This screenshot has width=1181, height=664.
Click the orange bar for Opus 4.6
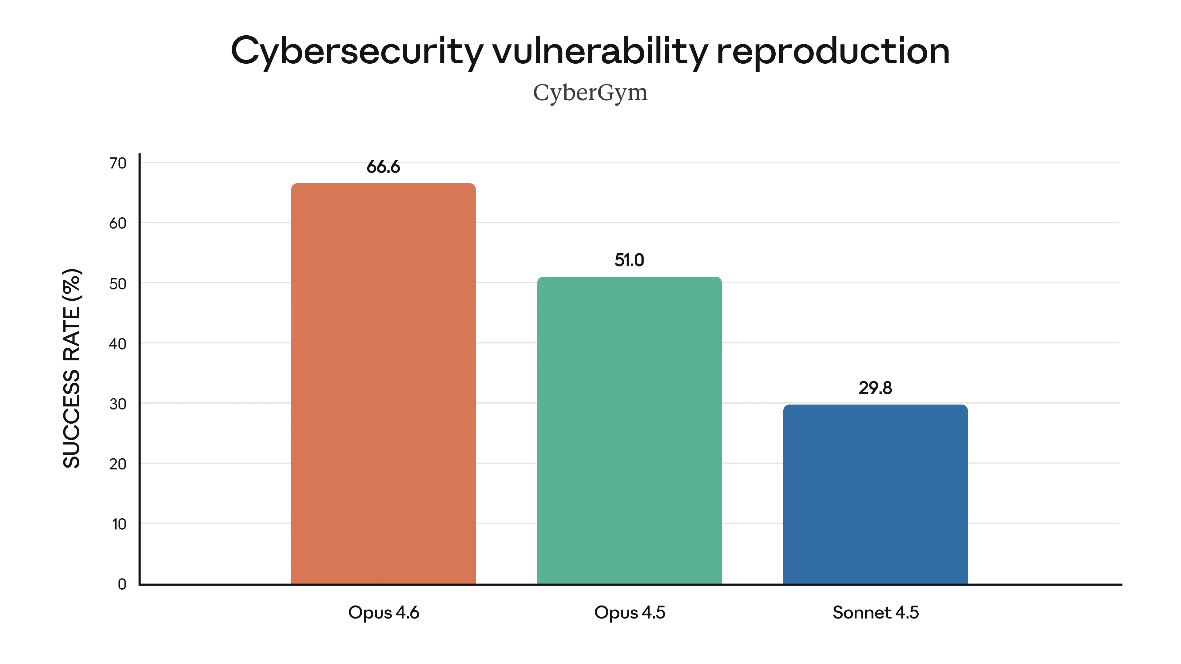pos(383,384)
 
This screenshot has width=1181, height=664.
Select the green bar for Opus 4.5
pos(629,431)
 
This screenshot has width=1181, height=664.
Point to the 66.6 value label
pos(383,167)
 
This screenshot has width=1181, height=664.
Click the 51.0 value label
pos(629,260)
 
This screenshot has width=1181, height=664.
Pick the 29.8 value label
pos(875,388)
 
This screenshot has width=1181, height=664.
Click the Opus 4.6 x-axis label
pos(383,613)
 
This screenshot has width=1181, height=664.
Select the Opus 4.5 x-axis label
pos(629,613)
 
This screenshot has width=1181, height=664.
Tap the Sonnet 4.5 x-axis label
pos(875,613)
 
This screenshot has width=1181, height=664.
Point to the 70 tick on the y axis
pos(118,163)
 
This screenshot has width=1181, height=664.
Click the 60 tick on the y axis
pos(118,223)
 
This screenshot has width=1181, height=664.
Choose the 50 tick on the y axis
pos(118,284)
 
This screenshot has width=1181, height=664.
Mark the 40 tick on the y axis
pos(118,344)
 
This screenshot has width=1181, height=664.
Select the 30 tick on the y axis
pos(118,404)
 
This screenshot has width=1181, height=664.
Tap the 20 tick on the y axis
pos(118,464)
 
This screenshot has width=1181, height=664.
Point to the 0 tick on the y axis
pos(122,584)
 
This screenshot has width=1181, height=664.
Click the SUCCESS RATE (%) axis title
pos(72,369)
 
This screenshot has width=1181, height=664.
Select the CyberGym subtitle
pos(590,93)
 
